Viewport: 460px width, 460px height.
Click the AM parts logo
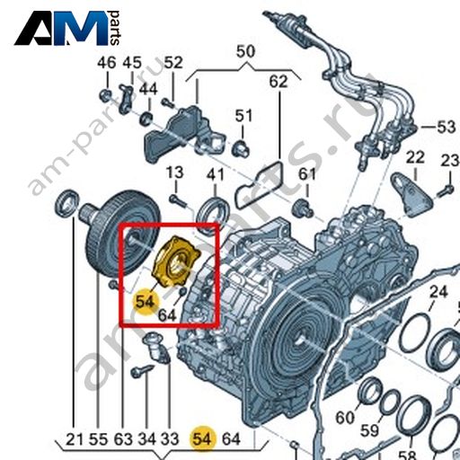[x=67, y=28]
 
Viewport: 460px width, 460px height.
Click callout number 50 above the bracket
[x=245, y=51]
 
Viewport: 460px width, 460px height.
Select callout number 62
[x=279, y=82]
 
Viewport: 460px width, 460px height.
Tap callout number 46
[x=107, y=63]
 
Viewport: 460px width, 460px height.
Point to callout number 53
[x=447, y=127]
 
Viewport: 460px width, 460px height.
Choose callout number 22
[x=415, y=157]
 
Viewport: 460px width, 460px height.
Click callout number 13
[x=174, y=172]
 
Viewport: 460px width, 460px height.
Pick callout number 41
[x=215, y=174]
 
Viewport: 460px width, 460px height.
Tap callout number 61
[x=307, y=174]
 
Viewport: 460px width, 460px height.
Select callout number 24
[x=438, y=291]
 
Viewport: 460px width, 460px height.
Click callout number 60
[x=345, y=418]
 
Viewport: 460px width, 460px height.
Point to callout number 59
[x=369, y=430]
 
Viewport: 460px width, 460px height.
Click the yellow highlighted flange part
[x=176, y=261]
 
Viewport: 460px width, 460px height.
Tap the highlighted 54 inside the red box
[x=145, y=301]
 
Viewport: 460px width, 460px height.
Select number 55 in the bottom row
[x=98, y=439]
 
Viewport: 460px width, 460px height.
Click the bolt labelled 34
[x=142, y=370]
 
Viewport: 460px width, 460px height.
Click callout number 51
[x=243, y=116]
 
